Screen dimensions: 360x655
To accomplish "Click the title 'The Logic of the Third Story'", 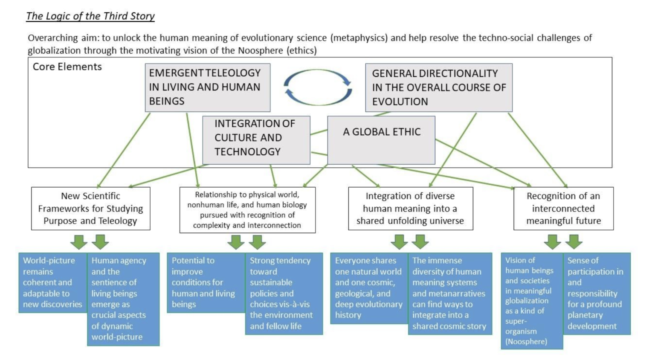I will (x=90, y=16).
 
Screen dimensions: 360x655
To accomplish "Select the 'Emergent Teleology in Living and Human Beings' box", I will (x=207, y=87).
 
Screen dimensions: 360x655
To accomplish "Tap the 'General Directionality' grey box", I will (x=438, y=87).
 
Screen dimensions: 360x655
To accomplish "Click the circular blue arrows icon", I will (x=318, y=87).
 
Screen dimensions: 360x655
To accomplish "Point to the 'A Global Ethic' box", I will (x=381, y=140).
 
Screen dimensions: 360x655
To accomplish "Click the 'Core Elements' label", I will (x=67, y=67).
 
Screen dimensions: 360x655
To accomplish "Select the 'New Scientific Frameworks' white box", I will (x=90, y=209).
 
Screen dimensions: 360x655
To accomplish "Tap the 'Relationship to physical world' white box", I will (x=247, y=210).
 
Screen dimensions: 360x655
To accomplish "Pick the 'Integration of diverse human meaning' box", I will (x=410, y=209).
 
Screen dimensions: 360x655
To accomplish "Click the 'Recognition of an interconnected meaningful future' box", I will (x=563, y=209).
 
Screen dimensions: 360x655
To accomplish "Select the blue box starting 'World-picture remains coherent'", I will (x=52, y=282).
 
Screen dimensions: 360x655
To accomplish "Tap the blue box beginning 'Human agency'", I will (x=123, y=299).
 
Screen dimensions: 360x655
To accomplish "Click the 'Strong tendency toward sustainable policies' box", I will (x=284, y=293).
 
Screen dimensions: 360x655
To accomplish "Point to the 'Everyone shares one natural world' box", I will (x=369, y=288).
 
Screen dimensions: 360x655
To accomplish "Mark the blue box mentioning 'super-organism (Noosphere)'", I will (x=532, y=301).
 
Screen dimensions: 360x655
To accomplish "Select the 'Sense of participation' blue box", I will (x=597, y=293).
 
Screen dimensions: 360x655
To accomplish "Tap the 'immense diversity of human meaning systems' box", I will (x=449, y=293).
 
